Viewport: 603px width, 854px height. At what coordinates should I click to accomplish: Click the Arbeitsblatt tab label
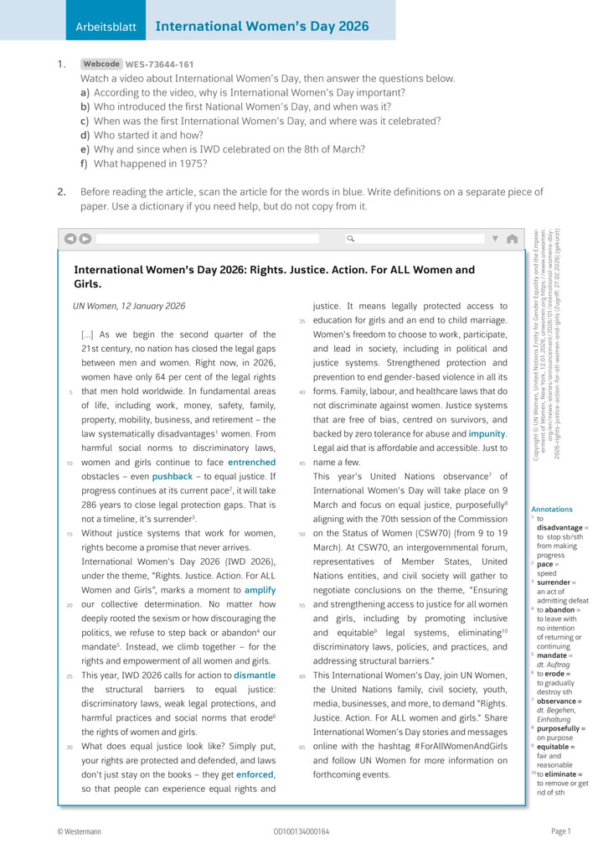(x=106, y=27)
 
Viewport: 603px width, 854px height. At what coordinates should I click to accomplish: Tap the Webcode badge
(x=101, y=64)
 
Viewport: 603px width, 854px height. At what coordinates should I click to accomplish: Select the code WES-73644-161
(x=160, y=65)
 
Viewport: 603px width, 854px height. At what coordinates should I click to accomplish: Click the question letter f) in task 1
(x=84, y=163)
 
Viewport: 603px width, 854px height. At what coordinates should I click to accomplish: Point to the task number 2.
(x=62, y=191)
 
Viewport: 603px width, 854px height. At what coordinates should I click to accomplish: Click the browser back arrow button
(x=70, y=239)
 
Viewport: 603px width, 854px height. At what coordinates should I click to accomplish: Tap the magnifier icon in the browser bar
(x=351, y=239)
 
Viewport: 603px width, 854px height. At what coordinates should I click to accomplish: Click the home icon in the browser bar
(x=512, y=239)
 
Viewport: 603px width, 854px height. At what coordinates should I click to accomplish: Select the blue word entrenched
(x=251, y=462)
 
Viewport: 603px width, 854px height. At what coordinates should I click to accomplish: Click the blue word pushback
(x=172, y=476)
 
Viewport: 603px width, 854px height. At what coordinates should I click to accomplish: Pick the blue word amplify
(x=260, y=590)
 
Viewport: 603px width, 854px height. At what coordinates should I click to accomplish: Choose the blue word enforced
(x=255, y=774)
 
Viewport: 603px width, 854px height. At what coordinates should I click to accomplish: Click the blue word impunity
(x=487, y=434)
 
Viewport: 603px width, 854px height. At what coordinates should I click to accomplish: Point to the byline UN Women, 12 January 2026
(x=130, y=307)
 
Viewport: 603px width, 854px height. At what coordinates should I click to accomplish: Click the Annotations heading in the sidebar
(x=552, y=509)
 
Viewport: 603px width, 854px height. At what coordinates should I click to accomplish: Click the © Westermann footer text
(x=80, y=831)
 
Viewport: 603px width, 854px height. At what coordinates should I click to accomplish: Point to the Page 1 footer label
(x=560, y=831)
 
